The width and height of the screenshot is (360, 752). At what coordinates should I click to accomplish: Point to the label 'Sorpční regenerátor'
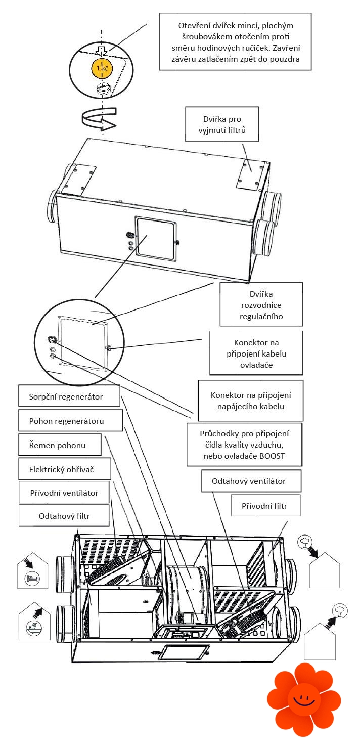pos(70,396)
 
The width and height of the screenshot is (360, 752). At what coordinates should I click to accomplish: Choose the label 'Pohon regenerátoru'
pos(71,420)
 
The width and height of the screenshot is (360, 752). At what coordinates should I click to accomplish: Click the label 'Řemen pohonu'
pos(60,445)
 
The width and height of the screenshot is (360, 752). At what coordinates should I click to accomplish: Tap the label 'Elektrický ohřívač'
pos(64,469)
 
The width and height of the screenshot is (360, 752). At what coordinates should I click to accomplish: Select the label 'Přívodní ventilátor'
pos(64,493)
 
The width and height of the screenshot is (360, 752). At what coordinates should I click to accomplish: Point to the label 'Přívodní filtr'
pos(265,505)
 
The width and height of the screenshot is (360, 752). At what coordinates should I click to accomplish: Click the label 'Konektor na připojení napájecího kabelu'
pos(251,400)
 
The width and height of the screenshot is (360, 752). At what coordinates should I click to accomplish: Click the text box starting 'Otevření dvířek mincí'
pos(236,41)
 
